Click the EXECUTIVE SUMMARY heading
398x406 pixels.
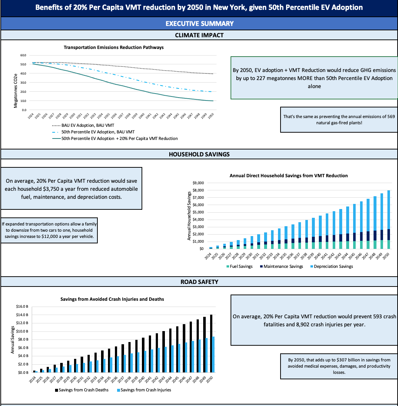click(x=199, y=23)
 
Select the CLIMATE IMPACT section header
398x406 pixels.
click(x=199, y=35)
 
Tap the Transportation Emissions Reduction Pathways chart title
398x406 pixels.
click(x=114, y=48)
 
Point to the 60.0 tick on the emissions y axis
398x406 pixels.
click(x=23, y=55)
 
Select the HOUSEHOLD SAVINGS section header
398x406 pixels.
click(x=199, y=154)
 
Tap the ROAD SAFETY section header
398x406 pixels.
click(x=199, y=282)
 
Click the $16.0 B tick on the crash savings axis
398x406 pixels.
click(x=22, y=307)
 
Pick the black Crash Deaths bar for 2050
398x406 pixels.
click(x=210, y=344)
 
